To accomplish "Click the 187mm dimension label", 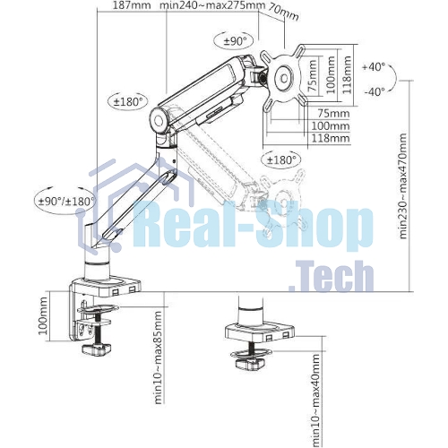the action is [132, 5].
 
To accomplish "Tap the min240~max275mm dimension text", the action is [212, 5].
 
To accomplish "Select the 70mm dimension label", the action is [283, 12].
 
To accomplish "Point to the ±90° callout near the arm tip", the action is [234, 41].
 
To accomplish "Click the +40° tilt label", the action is [374, 66].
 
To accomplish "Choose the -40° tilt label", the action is [375, 91].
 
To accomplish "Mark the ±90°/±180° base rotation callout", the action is [66, 202].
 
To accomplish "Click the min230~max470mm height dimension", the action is [403, 186].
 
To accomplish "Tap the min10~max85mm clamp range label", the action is [159, 358].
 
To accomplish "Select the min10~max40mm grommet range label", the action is [315, 401].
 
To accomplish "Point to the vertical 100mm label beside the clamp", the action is [44, 316].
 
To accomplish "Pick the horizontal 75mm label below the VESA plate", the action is [333, 114].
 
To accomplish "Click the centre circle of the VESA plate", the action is [284, 78].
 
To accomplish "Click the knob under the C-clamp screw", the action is [96, 349].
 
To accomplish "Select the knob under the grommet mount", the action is [251, 364].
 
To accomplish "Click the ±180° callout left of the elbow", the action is [128, 101].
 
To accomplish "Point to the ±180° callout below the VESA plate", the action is [281, 160].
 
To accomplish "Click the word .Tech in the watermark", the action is [332, 276].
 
